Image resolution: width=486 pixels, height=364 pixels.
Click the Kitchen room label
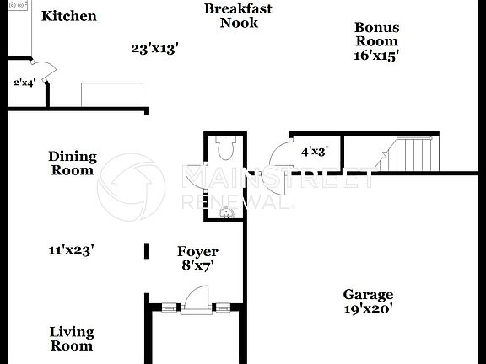(69, 16)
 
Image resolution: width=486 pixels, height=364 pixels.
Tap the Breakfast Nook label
(239, 16)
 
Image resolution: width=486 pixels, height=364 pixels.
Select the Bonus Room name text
(376, 34)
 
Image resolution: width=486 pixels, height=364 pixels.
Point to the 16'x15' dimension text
(376, 55)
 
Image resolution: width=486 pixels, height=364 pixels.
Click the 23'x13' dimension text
(154, 49)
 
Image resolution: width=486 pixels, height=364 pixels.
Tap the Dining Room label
(72, 163)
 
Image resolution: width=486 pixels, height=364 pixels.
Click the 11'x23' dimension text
(71, 249)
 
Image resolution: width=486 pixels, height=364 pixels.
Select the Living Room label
(71, 339)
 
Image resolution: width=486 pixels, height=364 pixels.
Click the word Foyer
(197, 251)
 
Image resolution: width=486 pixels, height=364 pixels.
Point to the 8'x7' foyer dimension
(197, 265)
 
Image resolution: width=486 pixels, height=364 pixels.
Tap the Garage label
(368, 294)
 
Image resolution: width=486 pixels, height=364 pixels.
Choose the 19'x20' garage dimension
(368, 308)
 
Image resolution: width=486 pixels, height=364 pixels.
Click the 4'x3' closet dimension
(315, 153)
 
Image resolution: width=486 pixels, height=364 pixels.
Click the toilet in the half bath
(224, 150)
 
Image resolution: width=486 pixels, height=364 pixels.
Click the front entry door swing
(197, 298)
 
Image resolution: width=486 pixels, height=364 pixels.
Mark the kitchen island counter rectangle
(112, 94)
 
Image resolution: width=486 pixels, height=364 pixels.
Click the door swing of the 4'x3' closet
(278, 155)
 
